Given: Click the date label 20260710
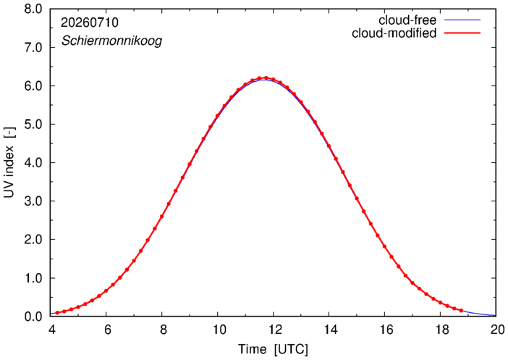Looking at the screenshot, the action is tap(90, 22).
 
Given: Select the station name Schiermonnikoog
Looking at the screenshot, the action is tap(111, 41).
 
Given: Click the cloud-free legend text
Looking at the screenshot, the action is tap(407, 20).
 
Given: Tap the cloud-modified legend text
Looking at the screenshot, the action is tap(394, 33).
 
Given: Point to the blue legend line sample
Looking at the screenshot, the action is tap(462, 20).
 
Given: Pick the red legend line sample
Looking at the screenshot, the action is tap(462, 33).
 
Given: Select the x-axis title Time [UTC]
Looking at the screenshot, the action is tap(273, 349).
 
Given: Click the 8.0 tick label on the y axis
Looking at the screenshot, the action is tap(33, 9).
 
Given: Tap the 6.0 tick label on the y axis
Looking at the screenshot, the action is tap(33, 85).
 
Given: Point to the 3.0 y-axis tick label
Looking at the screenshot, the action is tap(33, 201).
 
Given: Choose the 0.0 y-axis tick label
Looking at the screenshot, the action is tap(33, 317).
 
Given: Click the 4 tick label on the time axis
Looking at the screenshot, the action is tap(51, 330).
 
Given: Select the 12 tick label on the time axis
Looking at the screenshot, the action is tap(274, 330).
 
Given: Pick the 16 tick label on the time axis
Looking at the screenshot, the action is tap(386, 330).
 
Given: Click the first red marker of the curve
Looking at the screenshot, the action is tap(57, 313).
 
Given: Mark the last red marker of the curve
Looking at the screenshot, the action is tap(461, 310).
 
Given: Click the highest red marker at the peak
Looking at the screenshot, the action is tap(266, 78).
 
